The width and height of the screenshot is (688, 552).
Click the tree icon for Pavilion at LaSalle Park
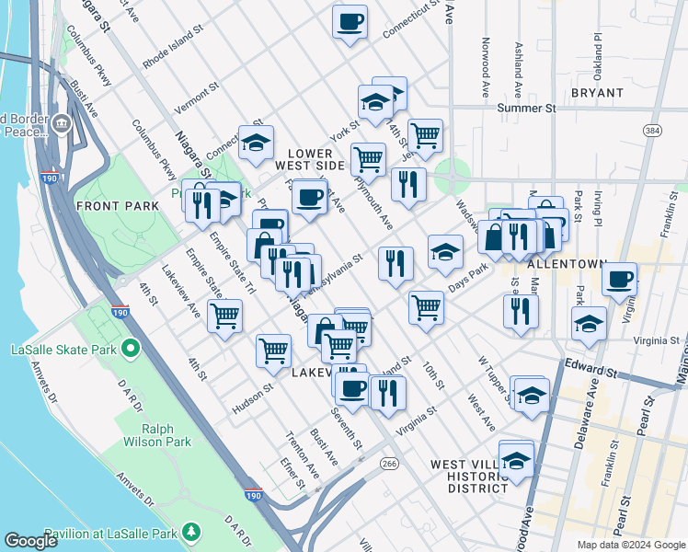[191, 532]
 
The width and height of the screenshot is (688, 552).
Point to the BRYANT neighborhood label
[597, 93]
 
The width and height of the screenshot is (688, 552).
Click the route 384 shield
[652, 132]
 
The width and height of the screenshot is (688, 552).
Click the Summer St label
[527, 109]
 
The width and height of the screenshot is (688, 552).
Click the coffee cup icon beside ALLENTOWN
[620, 277]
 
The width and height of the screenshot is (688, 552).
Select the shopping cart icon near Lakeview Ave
[224, 316]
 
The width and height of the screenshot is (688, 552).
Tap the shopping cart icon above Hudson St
[273, 350]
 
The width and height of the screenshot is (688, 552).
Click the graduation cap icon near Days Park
[445, 251]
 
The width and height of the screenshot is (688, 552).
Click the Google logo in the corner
[30, 541]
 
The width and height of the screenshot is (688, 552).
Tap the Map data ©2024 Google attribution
[631, 545]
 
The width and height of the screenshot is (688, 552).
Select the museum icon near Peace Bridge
[62, 123]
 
